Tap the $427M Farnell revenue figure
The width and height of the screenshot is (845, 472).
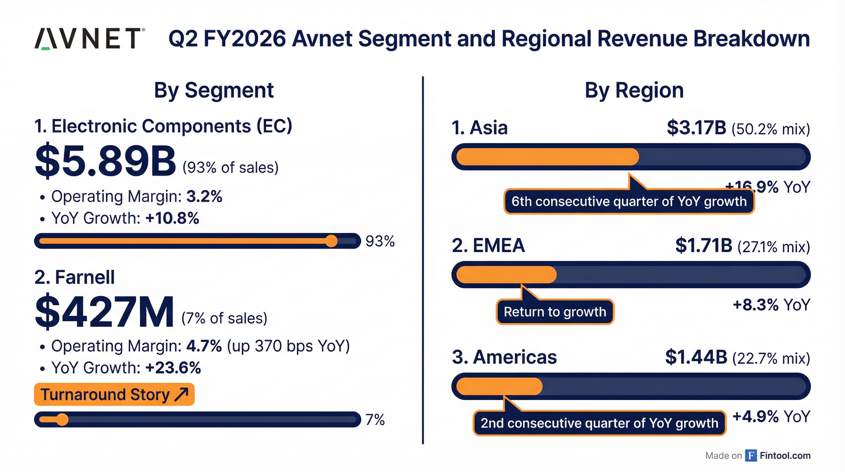pyautogui.click(x=104, y=312)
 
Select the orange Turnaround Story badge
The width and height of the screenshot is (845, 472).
pyautogui.click(x=114, y=394)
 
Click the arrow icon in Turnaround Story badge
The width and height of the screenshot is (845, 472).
pyautogui.click(x=181, y=394)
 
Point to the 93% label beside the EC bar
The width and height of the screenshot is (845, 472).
pyautogui.click(x=380, y=241)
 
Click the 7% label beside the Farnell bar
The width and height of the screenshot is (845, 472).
pyautogui.click(x=375, y=420)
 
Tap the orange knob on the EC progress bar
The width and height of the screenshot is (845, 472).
pyautogui.click(x=331, y=241)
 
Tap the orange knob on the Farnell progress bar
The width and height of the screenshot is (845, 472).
pyautogui.click(x=62, y=419)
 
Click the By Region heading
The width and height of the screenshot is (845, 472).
pyautogui.click(x=634, y=90)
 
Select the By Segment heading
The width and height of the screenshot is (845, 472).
pyautogui.click(x=214, y=90)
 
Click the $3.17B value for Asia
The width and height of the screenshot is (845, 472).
pyautogui.click(x=696, y=128)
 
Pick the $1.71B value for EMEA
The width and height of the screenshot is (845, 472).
pyautogui.click(x=704, y=246)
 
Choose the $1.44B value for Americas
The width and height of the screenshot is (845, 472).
pyautogui.click(x=696, y=357)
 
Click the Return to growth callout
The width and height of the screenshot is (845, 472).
pyautogui.click(x=555, y=312)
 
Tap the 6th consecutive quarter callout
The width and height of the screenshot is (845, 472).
pyautogui.click(x=629, y=202)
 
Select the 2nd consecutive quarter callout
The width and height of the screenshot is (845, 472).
pyautogui.click(x=599, y=423)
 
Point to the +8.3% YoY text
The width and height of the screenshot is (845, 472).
pyautogui.click(x=771, y=305)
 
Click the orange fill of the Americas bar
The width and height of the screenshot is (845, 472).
pyautogui.click(x=499, y=386)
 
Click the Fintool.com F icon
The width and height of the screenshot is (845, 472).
pyautogui.click(x=751, y=455)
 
